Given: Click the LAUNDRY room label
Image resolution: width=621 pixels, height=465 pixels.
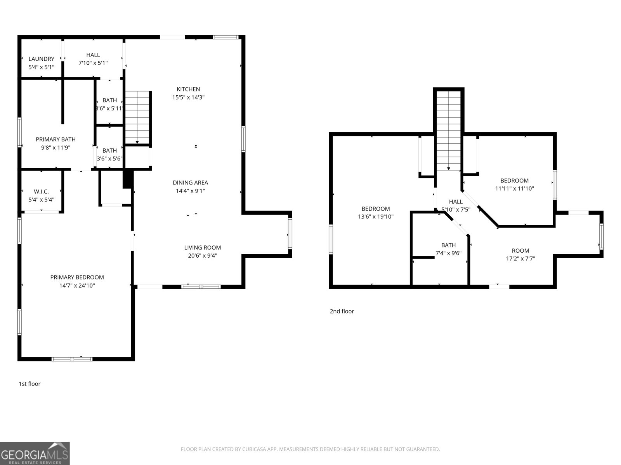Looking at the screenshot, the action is point(41,59).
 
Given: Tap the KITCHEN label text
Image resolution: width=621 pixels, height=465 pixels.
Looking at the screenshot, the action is point(188,89).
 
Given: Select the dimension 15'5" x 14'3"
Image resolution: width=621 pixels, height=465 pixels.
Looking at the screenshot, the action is point(188,97).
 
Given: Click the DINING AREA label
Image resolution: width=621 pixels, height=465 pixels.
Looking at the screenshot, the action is point(191,183).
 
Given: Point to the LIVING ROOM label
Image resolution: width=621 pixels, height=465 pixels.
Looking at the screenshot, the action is point(203,248).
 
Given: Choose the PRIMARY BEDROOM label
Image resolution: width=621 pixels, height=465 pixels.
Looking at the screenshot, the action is point(77,277).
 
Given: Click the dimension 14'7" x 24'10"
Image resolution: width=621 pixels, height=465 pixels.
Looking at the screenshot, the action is point(77,286).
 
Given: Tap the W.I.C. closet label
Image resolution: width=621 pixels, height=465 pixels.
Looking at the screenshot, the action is point(41,192).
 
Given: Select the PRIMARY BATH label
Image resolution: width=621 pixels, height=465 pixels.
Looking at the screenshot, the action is point(56,139).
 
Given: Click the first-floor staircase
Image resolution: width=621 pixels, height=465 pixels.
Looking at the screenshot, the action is point(137,117).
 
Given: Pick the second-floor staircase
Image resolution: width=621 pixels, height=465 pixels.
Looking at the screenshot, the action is point(449,131).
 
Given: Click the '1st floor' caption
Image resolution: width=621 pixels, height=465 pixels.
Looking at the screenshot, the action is point(29,384).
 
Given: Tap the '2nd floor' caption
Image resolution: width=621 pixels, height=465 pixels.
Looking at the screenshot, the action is point(342,311).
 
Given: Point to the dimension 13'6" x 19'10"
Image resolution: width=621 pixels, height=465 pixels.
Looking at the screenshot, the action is point(376,217).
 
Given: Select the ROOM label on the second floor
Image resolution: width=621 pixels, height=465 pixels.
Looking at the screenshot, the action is point(520,251).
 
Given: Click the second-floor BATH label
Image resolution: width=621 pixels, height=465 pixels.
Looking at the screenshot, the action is point(449,245).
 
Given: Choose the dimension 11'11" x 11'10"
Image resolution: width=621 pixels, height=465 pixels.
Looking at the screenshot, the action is point(515,189).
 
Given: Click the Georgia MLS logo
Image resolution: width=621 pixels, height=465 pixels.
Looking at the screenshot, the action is point(35,453).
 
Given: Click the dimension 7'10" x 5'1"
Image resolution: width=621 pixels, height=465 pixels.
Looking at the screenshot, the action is point(93,63).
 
